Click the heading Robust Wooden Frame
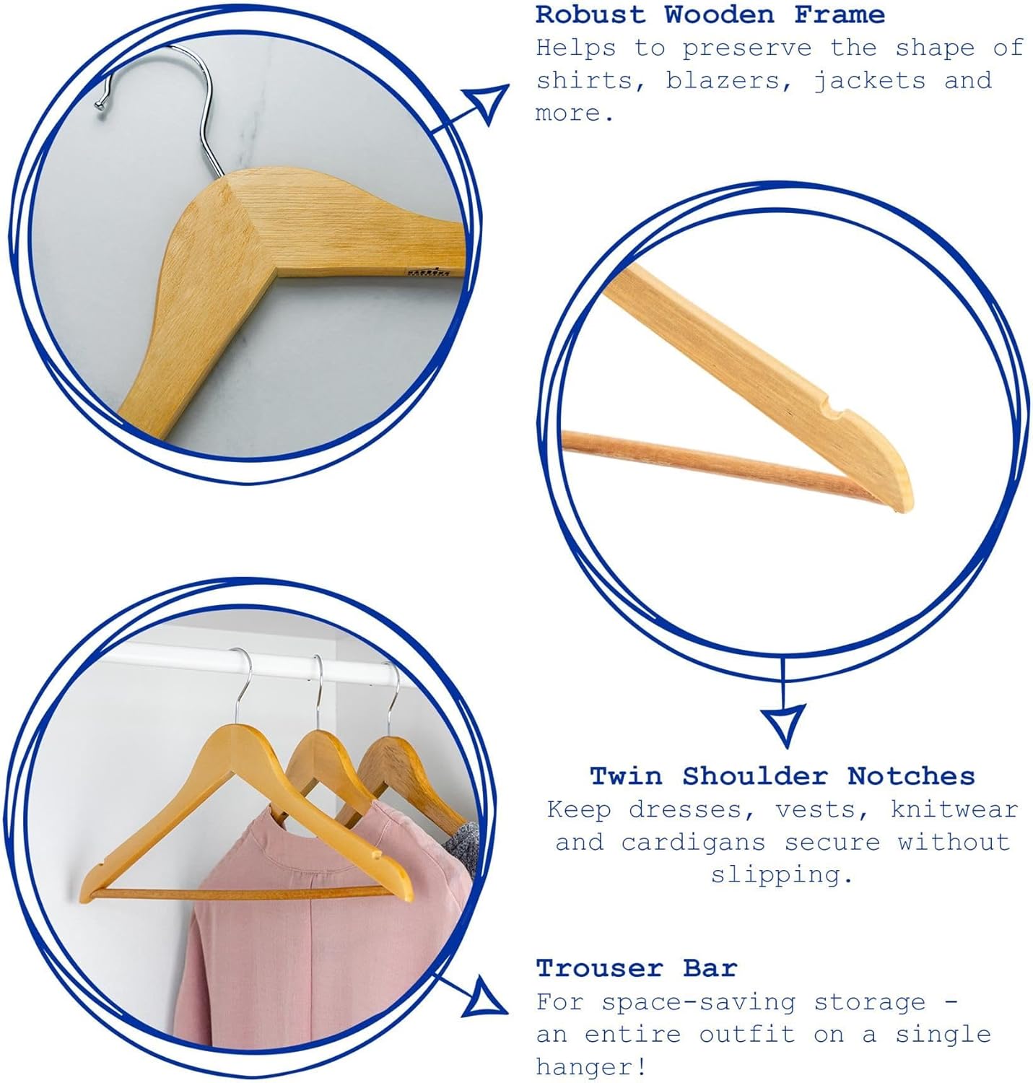tap(710, 14)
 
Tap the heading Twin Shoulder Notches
tap(783, 776)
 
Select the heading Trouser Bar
tap(636, 968)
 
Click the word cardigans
tap(694, 843)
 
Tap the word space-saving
tap(698, 1003)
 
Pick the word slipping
tap(782, 875)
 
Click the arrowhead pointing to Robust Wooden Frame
tap(487, 103)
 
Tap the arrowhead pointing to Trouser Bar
tap(484, 999)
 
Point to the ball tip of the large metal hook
tap(100, 105)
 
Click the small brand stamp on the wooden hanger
tap(428, 271)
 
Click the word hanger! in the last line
tap(591, 1067)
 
